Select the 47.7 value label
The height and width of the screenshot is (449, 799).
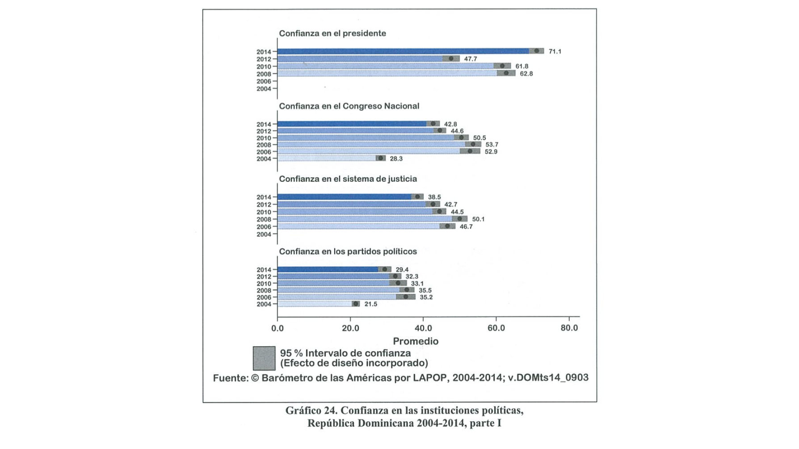click(x=471, y=59)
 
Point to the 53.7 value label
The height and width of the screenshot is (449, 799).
click(x=492, y=145)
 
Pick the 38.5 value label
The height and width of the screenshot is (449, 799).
click(x=434, y=197)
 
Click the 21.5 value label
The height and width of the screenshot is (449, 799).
click(x=371, y=304)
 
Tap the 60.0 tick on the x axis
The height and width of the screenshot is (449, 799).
click(x=496, y=328)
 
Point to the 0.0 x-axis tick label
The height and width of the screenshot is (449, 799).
click(x=278, y=328)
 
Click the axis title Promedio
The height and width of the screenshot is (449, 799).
click(x=416, y=341)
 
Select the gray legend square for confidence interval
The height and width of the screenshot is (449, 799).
click(x=264, y=358)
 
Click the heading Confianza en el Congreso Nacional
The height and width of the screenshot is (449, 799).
click(x=349, y=106)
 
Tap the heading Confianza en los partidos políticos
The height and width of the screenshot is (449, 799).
click(x=348, y=252)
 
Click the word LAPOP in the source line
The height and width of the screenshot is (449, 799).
click(x=429, y=378)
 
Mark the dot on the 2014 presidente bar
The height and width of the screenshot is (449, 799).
click(x=536, y=51)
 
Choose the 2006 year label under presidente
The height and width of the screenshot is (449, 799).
click(x=264, y=81)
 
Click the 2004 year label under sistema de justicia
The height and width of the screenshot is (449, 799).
click(x=264, y=234)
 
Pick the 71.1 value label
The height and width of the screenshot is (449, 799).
click(x=555, y=52)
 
